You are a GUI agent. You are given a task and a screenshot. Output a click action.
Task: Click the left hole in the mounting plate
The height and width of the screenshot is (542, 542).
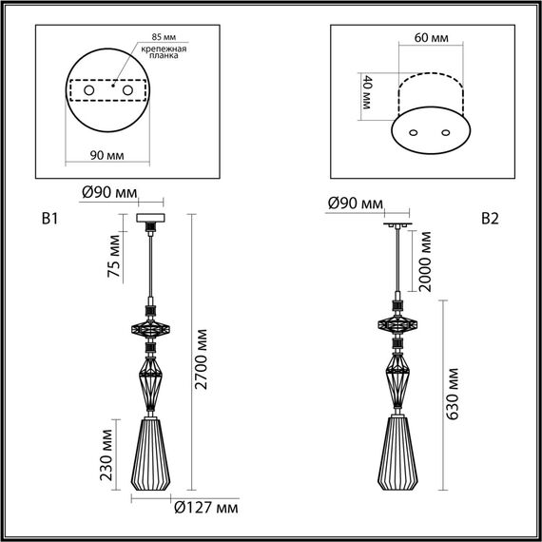(x=89, y=90)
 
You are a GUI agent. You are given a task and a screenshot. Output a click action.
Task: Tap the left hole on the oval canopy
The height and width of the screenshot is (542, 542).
(x=415, y=132)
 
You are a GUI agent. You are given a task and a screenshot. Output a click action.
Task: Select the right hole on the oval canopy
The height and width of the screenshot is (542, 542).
(x=441, y=132)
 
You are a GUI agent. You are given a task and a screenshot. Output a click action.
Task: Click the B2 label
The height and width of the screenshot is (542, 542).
(x=490, y=220)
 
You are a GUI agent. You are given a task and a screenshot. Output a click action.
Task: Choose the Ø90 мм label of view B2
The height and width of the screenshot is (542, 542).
(x=353, y=203)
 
